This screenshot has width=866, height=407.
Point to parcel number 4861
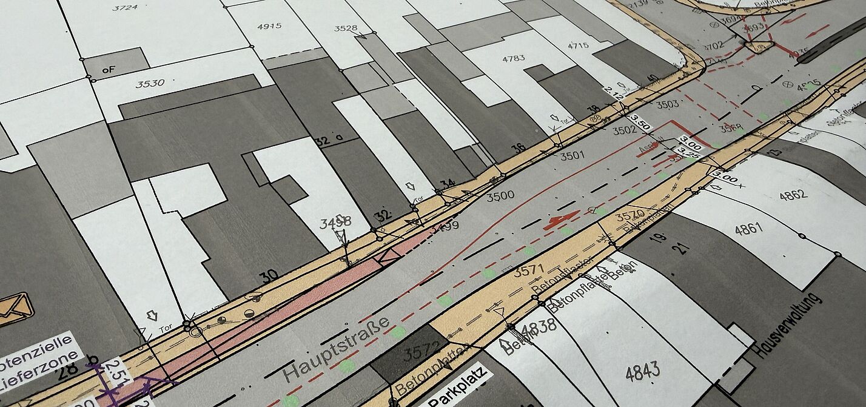pos(748,229)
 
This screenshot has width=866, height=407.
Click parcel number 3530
pos(150,83)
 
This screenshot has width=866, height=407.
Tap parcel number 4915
pos(269,26)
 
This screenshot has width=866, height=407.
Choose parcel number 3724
pos(125,7)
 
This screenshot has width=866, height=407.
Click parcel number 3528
pos(344,29)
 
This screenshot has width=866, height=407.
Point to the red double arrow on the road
pos(562,220)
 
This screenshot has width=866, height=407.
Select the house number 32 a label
pos(329,140)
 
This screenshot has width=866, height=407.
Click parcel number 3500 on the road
pos(500,195)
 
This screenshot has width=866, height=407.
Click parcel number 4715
pos(577,45)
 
